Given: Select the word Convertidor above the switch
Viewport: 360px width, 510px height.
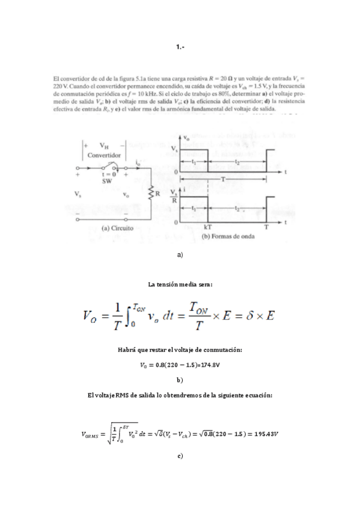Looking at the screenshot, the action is [x=105, y=154].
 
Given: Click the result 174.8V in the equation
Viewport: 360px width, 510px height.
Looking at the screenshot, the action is [x=208, y=364].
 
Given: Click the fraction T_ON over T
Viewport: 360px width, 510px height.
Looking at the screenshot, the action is [x=198, y=315].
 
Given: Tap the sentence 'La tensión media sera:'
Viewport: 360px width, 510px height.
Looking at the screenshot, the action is [x=180, y=284].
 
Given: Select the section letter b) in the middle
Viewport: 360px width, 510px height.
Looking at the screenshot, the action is [x=180, y=381].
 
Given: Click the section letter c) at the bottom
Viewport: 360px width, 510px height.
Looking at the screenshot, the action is [x=180, y=457].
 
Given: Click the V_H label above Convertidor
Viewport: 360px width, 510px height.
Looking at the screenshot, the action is [x=105, y=146].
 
